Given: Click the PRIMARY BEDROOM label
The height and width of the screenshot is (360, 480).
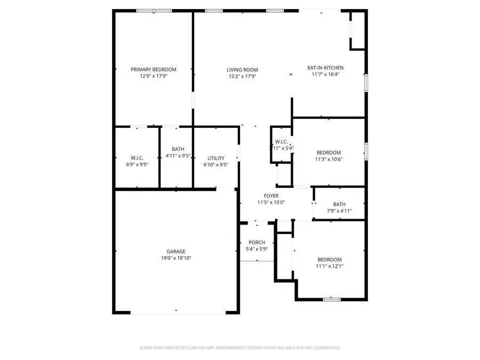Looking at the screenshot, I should (x=154, y=69).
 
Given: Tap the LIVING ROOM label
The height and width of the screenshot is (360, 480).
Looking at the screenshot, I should (x=242, y=69).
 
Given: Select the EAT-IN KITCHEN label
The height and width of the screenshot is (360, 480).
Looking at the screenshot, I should (x=325, y=68).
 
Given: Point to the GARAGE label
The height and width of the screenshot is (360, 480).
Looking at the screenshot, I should (x=175, y=251).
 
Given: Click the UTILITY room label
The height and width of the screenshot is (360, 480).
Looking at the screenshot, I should (x=216, y=158).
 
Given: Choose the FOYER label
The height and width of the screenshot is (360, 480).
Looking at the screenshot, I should (x=271, y=196).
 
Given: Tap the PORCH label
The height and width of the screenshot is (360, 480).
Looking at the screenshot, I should (x=257, y=242).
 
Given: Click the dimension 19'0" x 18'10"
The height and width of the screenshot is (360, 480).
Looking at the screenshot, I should (x=175, y=258).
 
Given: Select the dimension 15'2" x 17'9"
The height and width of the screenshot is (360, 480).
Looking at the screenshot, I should (x=242, y=76).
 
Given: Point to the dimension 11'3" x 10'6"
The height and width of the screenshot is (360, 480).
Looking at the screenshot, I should (x=329, y=159).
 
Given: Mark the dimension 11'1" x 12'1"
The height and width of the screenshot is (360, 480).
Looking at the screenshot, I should (x=329, y=266).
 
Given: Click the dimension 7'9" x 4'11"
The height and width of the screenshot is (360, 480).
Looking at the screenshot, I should (x=339, y=211).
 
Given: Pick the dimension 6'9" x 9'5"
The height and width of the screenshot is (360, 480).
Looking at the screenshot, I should (x=137, y=165).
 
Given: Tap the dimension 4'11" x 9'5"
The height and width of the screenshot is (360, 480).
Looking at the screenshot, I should (x=178, y=156).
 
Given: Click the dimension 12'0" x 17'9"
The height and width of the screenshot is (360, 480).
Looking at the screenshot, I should (x=154, y=76).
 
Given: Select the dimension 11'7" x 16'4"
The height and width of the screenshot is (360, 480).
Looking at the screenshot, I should (x=325, y=75).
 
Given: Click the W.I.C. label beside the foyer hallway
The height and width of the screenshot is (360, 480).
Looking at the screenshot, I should (x=281, y=142).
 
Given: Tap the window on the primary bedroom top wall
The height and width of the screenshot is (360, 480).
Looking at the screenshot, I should (x=154, y=10).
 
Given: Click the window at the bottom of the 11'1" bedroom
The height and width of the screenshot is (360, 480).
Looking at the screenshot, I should (x=331, y=299).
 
